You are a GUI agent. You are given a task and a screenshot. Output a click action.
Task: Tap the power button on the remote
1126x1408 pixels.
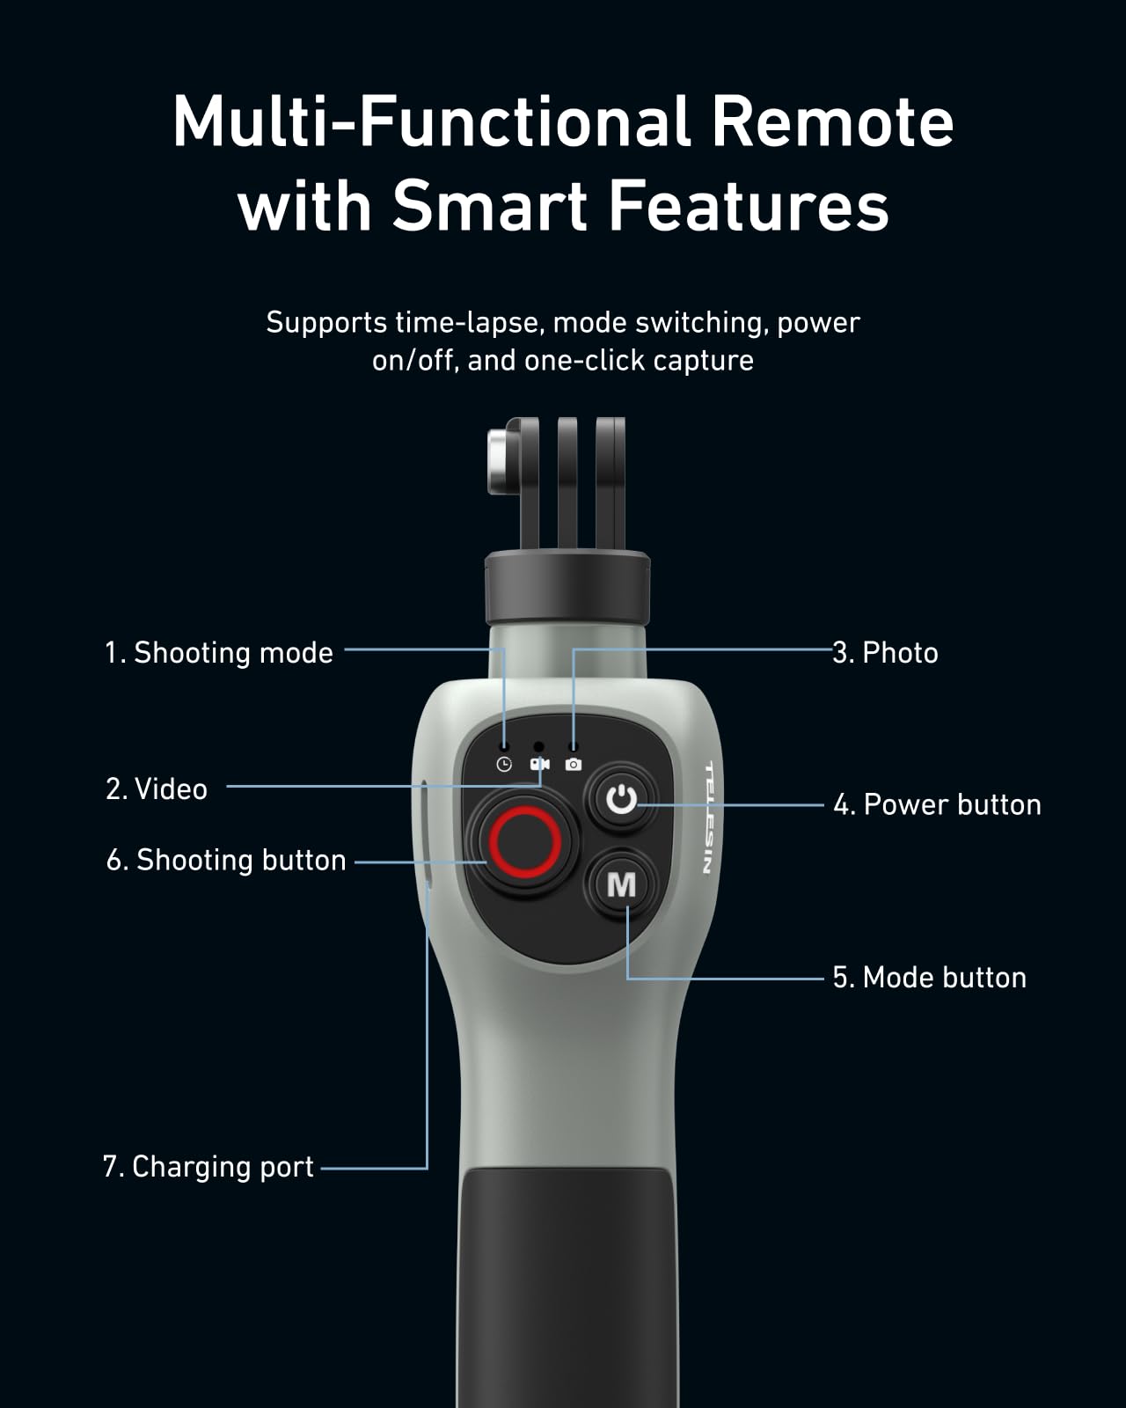[621, 800]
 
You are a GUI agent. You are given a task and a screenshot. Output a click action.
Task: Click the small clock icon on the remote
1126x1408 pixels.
[504, 764]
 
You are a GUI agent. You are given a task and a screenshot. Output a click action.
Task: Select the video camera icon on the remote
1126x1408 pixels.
[539, 764]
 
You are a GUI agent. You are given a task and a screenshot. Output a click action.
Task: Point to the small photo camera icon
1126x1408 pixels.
[574, 764]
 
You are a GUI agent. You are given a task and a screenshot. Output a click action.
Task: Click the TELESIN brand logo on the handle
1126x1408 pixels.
[708, 818]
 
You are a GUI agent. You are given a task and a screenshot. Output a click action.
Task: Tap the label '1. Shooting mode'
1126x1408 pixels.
[219, 653]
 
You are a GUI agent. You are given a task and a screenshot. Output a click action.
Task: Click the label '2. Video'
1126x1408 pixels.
[157, 789]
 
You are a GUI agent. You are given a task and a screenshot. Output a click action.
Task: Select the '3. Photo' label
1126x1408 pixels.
[885, 653]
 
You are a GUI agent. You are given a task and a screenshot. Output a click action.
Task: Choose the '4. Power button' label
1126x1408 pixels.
[937, 804]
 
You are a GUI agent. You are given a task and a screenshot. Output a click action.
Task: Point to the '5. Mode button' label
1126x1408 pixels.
[929, 978]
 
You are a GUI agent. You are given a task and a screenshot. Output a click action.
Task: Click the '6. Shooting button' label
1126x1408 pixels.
[226, 860]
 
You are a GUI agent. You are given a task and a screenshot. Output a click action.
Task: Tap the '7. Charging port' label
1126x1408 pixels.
[208, 1167]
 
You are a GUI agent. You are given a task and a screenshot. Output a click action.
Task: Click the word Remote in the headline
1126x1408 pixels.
[832, 121]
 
